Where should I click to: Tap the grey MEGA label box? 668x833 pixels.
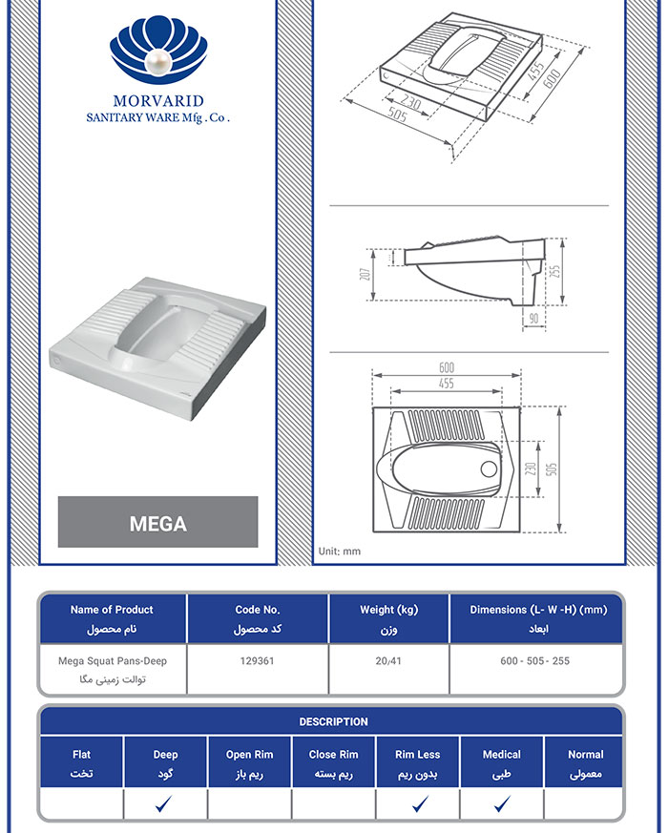157,523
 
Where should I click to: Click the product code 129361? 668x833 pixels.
257,661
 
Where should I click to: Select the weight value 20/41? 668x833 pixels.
388,661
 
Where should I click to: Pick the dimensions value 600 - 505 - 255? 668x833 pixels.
534,661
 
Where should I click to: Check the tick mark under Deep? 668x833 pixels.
166,804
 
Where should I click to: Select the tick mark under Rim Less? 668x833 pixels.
418,804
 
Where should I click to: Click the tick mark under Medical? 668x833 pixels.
502,804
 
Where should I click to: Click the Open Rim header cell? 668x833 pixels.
249,763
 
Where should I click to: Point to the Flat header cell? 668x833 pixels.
82,763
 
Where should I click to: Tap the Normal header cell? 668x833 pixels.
585,763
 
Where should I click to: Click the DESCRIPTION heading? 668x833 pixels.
333,721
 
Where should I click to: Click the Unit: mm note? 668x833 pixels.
339,551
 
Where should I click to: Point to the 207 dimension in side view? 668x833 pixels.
365,273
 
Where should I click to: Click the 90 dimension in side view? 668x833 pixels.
533,317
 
